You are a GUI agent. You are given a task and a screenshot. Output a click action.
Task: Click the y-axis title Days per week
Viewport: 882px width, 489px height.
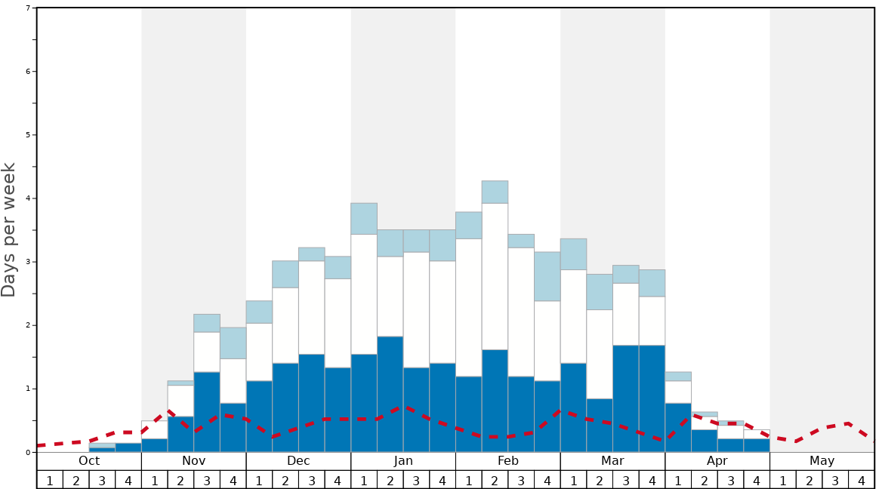click(x=9, y=229)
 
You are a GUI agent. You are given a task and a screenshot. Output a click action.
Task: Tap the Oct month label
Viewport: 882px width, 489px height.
click(x=89, y=461)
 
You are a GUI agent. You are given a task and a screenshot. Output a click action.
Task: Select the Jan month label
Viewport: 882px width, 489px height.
click(x=403, y=461)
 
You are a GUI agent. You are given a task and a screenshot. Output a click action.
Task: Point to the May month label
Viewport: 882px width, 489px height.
click(x=822, y=461)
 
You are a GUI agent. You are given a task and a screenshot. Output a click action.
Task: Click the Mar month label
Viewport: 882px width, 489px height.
click(x=612, y=461)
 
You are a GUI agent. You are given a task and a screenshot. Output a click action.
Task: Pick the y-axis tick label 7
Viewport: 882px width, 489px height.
click(x=28, y=8)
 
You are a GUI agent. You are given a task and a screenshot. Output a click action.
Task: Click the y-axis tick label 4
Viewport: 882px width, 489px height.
click(x=28, y=198)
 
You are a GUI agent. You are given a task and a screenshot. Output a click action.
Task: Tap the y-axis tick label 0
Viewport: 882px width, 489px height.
click(x=28, y=453)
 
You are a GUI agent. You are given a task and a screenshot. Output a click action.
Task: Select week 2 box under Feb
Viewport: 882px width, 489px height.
click(x=495, y=480)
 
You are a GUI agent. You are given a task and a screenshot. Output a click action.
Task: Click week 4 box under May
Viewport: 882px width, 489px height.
click(x=862, y=480)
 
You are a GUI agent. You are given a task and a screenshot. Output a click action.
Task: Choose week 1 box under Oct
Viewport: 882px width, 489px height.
click(x=50, y=480)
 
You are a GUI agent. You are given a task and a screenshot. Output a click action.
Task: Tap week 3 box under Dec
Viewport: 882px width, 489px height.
click(x=311, y=480)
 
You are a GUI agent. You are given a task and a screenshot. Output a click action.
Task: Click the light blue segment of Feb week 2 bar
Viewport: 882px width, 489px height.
click(x=495, y=192)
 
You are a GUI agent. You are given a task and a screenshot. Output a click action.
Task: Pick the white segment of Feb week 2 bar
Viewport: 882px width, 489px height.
click(x=495, y=276)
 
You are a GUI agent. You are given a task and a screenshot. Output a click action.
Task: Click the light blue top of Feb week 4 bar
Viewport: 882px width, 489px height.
click(x=547, y=276)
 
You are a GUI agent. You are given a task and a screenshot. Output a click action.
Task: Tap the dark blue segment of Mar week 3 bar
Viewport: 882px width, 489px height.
click(x=625, y=398)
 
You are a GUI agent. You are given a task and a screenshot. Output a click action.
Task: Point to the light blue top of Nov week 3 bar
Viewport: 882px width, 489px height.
click(x=207, y=323)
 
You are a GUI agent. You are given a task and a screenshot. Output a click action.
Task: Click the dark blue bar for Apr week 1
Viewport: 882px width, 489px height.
click(x=678, y=427)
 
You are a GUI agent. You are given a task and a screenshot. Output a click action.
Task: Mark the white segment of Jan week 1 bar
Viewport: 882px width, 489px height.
click(x=364, y=294)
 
